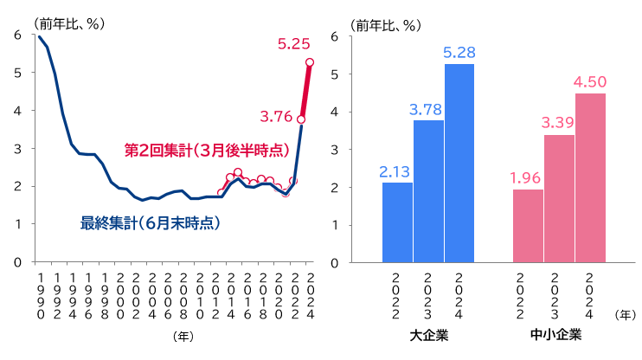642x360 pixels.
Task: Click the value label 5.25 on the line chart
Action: (x=294, y=43)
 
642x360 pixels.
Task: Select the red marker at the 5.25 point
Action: (x=310, y=62)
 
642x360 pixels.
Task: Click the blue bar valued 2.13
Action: (x=397, y=222)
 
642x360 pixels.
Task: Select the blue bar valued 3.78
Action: (x=428, y=191)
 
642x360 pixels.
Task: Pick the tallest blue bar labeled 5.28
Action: (x=459, y=163)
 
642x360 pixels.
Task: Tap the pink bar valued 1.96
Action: (x=528, y=226)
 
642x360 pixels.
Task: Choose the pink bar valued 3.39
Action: (x=559, y=198)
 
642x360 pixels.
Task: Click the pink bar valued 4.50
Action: (x=590, y=177)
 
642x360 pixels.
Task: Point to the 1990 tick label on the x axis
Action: (x=40, y=295)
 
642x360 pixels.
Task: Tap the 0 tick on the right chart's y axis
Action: (x=335, y=262)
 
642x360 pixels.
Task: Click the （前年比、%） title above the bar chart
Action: (x=386, y=24)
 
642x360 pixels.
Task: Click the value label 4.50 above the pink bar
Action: (x=590, y=82)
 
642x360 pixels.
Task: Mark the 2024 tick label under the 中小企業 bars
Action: (x=590, y=295)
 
